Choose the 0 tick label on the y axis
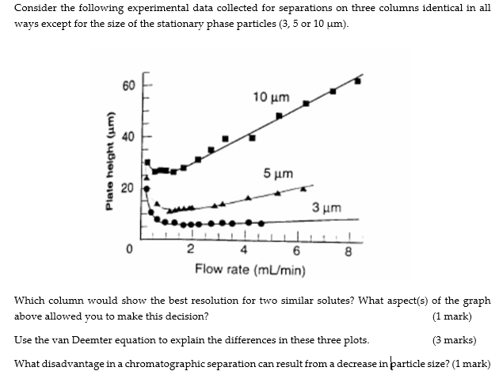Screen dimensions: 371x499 coord(128,251)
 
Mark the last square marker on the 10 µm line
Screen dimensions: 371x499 coord(358,81)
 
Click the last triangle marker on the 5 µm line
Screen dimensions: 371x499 coord(307,188)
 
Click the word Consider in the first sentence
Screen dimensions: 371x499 coord(35,7)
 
